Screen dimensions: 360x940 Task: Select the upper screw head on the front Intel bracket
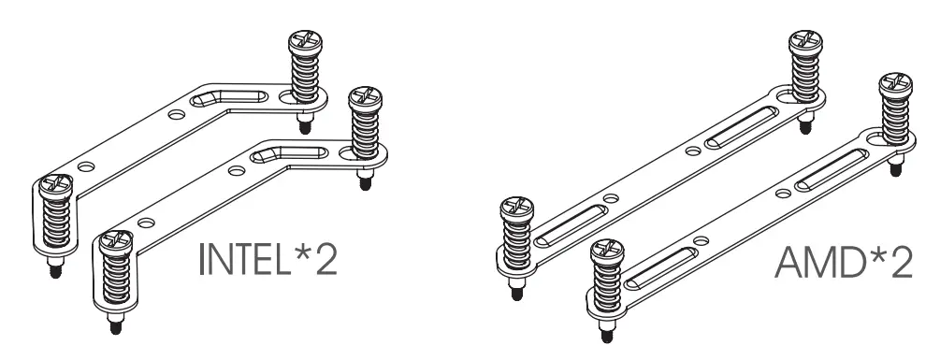364,97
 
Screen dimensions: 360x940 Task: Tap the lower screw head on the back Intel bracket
52,188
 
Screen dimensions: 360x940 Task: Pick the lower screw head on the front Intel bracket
114,245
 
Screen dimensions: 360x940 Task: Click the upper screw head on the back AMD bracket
804,44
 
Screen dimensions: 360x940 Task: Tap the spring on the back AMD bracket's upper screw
804,76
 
